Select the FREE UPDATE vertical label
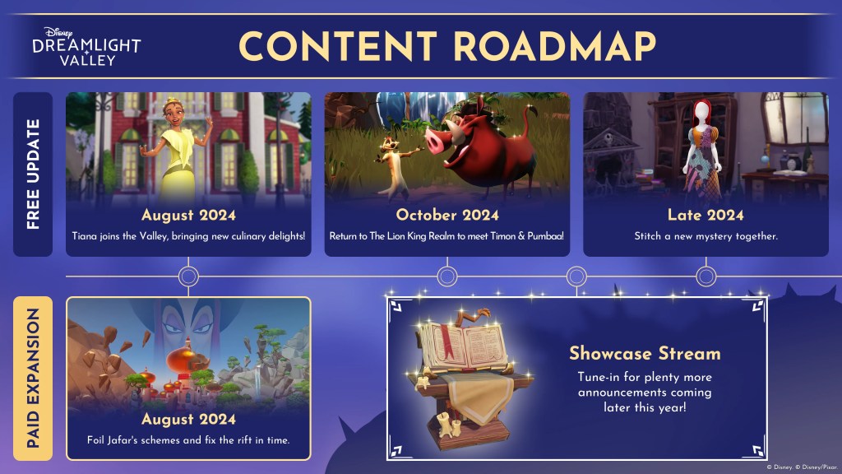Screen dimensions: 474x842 click(x=33, y=174)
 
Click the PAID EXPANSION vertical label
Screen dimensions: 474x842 click(x=33, y=378)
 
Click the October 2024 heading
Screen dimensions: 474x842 click(x=447, y=215)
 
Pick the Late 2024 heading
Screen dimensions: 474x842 click(x=706, y=215)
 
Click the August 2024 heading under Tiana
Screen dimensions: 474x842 click(x=188, y=215)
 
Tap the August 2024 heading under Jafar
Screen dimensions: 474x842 click(x=188, y=419)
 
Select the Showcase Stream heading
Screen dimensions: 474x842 click(x=645, y=354)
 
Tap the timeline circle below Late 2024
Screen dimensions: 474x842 click(x=706, y=276)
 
